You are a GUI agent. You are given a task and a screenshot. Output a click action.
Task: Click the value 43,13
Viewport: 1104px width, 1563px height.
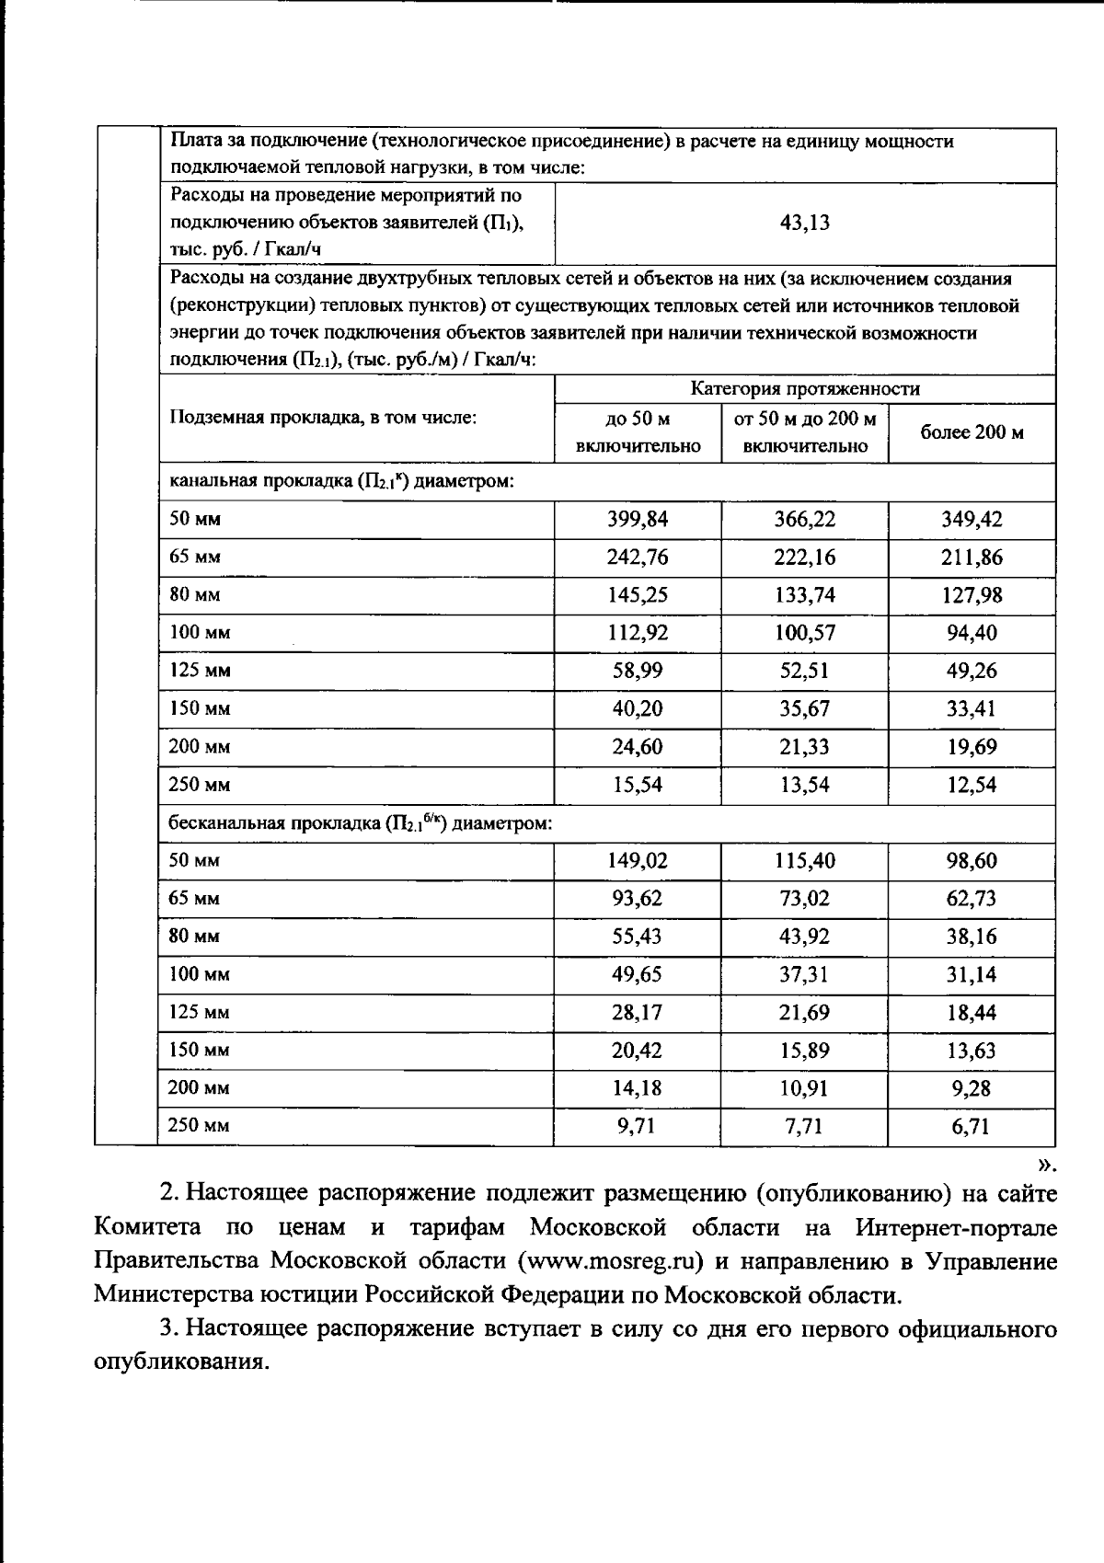(x=804, y=223)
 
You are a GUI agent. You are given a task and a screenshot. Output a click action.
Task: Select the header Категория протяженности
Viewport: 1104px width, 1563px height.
(x=804, y=389)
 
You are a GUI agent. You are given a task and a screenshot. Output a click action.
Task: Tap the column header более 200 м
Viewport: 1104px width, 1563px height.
(x=972, y=432)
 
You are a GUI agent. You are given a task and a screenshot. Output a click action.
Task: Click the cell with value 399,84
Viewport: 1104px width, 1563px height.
(x=637, y=519)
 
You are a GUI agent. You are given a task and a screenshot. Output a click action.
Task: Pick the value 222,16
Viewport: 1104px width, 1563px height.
(x=804, y=557)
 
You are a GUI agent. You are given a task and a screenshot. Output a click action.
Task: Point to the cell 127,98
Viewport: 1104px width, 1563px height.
(x=972, y=595)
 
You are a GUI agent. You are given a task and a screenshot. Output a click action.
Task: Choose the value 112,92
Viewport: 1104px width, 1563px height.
(x=637, y=633)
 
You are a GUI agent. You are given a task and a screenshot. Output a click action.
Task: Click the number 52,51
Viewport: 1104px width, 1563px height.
(x=804, y=671)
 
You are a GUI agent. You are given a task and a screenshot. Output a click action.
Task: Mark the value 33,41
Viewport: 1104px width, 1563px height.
(x=972, y=709)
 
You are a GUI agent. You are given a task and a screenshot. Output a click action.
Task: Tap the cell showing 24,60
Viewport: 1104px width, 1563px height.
(x=637, y=747)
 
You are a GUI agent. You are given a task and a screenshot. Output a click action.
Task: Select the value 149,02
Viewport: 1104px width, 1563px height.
(x=637, y=861)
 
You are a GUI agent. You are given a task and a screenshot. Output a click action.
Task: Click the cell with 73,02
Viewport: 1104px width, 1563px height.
(x=804, y=899)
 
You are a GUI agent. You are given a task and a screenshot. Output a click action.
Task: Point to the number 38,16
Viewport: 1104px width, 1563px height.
(x=972, y=937)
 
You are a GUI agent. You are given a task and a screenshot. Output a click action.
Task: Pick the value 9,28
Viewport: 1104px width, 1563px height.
(x=972, y=1088)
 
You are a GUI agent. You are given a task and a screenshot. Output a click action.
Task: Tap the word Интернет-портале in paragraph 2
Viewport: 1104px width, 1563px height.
(x=956, y=1227)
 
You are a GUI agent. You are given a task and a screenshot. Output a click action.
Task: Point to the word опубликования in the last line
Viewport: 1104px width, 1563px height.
(x=180, y=1362)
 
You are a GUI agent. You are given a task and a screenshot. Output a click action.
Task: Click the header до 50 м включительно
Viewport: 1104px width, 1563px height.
(x=637, y=432)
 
